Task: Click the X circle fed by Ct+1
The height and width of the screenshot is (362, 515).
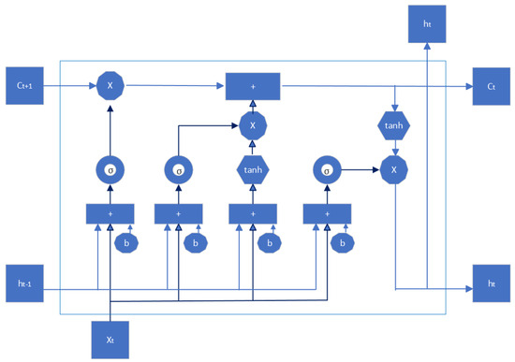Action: click(110, 87)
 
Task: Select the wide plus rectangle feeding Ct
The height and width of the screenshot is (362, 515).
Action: click(253, 86)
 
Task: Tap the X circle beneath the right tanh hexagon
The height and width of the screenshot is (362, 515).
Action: click(394, 171)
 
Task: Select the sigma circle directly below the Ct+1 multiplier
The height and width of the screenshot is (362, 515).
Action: click(110, 171)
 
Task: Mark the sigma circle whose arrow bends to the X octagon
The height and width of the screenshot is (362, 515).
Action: click(180, 171)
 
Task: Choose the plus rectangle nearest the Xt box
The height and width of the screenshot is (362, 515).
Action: click(110, 214)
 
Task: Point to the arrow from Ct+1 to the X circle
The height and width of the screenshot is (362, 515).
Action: click(70, 87)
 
